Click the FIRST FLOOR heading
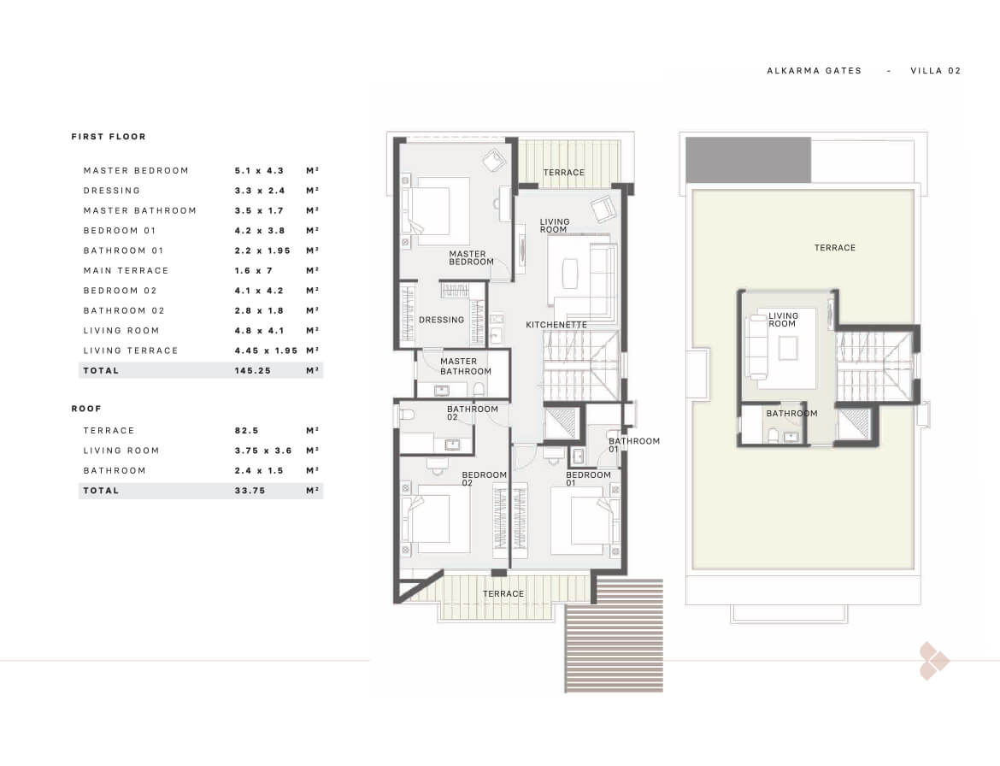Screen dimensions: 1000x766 (x=109, y=137)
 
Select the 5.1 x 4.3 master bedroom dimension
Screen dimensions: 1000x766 (x=259, y=171)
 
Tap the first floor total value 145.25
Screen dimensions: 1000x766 (x=252, y=370)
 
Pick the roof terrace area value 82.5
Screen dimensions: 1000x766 (x=246, y=431)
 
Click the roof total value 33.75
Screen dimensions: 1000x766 (x=250, y=491)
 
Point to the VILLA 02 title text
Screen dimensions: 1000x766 (x=936, y=71)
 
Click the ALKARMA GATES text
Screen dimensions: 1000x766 (x=814, y=71)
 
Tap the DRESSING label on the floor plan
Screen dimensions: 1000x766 (x=441, y=321)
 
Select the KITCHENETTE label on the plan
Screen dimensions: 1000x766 (x=556, y=325)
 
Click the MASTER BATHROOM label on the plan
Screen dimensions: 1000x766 (x=466, y=366)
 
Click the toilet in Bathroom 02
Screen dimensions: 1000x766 (x=406, y=415)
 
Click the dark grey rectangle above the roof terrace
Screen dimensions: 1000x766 (x=749, y=160)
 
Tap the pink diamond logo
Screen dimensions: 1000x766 (x=933, y=662)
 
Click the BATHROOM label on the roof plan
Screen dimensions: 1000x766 (x=791, y=413)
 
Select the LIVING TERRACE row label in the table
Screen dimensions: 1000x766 (x=131, y=351)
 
